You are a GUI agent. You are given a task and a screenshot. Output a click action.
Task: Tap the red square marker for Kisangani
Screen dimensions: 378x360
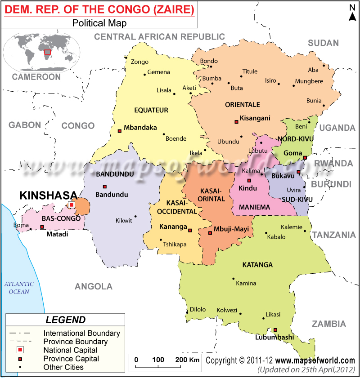coord(236,122)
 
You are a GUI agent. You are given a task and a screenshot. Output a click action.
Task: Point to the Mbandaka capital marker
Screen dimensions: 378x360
coord(119,131)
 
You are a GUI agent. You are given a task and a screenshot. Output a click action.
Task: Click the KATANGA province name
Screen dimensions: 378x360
coord(257,265)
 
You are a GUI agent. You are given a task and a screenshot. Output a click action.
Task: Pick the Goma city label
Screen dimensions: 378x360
coord(293,153)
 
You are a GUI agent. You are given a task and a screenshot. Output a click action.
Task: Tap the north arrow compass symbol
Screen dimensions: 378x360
coord(352,13)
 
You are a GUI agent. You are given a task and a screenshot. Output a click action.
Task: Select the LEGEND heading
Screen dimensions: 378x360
coord(66,320)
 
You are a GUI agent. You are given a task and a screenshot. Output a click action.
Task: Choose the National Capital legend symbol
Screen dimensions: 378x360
coord(20,350)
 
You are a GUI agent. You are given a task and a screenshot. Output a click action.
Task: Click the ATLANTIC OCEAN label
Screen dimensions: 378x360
coord(19,288)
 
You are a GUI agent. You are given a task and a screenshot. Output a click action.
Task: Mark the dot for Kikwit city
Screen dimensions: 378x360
coord(135,216)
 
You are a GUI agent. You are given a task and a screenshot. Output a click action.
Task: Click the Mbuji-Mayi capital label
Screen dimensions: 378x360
coord(231,229)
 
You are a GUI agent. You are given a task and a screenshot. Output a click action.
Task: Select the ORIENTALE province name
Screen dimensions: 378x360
coord(242,105)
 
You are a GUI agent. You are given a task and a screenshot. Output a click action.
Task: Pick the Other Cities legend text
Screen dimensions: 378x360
coord(63,367)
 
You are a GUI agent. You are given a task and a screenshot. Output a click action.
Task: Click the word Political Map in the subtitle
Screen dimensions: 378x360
coord(99,23)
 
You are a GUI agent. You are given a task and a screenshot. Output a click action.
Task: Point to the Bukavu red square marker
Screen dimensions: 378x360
coord(298,172)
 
